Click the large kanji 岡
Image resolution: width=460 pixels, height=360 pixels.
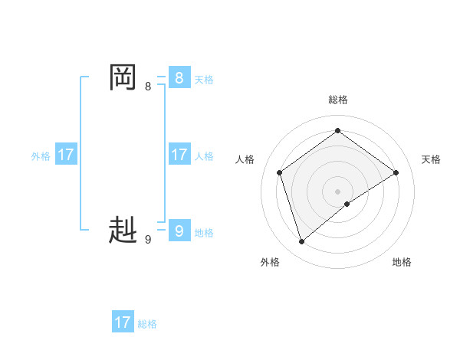coord(123,77)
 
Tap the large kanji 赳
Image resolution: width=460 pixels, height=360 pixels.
coord(123,230)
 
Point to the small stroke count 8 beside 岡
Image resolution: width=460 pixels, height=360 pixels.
coord(148,87)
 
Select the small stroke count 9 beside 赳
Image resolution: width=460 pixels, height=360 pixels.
coord(148,240)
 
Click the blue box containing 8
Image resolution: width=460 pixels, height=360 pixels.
coord(179,77)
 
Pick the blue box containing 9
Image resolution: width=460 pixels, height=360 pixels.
coord(179,230)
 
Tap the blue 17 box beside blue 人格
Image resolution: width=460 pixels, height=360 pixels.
coord(179,155)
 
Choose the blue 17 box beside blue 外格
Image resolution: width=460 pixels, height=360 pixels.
coord(66,155)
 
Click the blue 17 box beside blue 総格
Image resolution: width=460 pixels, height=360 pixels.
coord(122,322)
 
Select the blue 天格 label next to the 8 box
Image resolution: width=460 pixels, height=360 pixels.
coord(204,80)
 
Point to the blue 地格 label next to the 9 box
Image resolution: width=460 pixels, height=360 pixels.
coord(204,233)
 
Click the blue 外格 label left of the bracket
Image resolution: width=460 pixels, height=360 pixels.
coord(41,156)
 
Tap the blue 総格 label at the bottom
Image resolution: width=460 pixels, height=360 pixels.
coord(147,324)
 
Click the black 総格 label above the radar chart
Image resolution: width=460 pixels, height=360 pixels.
coord(338,100)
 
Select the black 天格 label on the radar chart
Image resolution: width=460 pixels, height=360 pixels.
coord(431,159)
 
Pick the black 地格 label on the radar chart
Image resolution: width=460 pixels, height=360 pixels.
coord(402,262)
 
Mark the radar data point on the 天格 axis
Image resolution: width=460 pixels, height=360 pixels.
coord(396,172)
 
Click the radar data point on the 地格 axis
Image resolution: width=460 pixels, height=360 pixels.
coord(347,204)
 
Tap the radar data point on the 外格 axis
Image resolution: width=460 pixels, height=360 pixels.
coord(302,242)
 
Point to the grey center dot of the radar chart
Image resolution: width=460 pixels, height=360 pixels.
coord(338,191)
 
